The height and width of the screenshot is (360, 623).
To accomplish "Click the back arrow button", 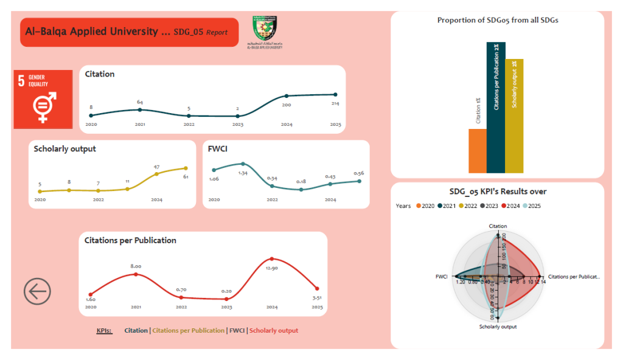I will [37, 292].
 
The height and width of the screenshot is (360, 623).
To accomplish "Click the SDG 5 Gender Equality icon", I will [43, 99].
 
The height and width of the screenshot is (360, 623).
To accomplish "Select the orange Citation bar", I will [477, 150].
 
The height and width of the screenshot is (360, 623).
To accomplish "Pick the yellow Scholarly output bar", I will [514, 116].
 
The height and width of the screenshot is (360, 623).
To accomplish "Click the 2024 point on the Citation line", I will [287, 96].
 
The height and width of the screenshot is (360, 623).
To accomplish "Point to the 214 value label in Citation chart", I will [335, 103].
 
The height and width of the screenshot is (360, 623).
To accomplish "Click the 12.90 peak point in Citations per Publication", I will [271, 259].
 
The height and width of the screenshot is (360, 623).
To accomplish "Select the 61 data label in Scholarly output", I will [186, 176].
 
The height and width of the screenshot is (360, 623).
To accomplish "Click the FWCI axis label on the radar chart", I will [441, 277].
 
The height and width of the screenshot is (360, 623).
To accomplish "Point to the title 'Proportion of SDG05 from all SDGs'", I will [497, 20].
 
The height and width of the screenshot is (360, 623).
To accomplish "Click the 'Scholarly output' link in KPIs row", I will [274, 330].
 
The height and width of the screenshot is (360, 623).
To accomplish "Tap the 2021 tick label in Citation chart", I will [140, 124].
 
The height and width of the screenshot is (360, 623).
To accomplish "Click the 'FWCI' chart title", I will [217, 148].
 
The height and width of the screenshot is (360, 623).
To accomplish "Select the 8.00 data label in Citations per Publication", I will [136, 266].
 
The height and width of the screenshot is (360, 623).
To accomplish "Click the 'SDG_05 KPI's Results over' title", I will [497, 192].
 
